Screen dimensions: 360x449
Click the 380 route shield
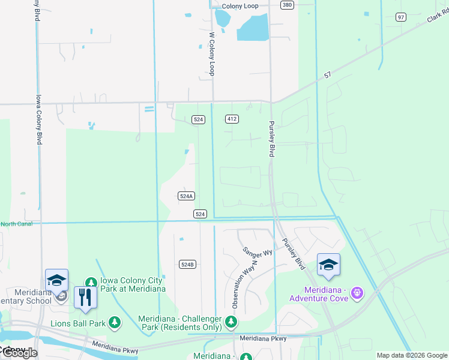coord(287,5)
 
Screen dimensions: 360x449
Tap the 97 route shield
coord(400,17)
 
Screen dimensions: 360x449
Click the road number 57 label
coord(327,75)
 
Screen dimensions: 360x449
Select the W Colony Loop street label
coord(211,53)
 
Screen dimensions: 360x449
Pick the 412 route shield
coord(232,119)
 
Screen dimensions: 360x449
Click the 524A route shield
coord(187,196)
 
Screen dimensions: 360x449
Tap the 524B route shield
coord(187,264)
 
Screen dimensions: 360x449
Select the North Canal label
coord(16,224)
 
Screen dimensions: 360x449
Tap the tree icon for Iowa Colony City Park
coord(91,283)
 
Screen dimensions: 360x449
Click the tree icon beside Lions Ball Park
coord(115,323)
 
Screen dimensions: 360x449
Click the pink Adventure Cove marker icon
coord(357,292)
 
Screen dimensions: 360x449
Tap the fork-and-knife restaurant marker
coord(85,296)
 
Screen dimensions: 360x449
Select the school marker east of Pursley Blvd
coord(328,265)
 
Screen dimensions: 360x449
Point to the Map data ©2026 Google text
coord(411,355)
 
